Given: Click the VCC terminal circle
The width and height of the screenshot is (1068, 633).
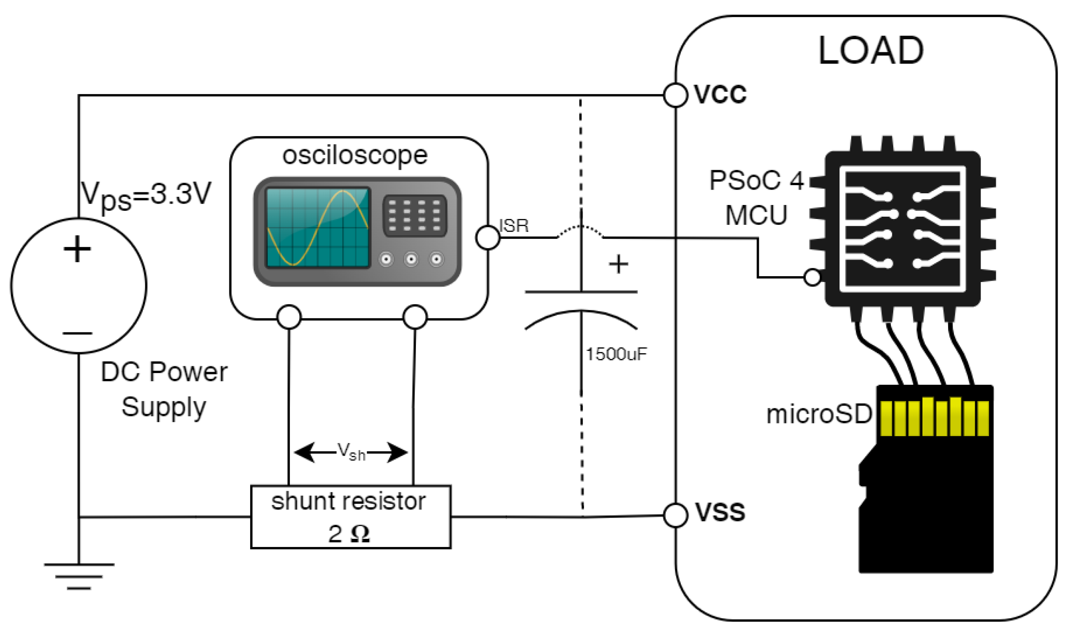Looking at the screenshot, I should click(675, 95).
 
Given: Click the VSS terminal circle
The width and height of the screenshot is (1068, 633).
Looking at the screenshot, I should click(675, 515).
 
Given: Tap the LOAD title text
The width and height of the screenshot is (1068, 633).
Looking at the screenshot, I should click(871, 50).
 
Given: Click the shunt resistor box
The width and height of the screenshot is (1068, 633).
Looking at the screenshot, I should click(350, 517).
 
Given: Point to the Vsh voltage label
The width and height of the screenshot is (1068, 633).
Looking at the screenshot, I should click(351, 451).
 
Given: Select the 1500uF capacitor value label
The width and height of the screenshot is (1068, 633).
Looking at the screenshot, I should click(616, 354).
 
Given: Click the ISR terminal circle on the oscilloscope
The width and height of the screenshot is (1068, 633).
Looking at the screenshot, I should click(488, 237).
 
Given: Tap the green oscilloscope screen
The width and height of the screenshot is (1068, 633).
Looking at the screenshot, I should click(318, 228).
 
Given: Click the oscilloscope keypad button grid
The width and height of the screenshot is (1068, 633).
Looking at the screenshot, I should click(414, 215).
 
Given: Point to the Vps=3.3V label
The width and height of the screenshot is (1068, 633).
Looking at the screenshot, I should click(146, 195).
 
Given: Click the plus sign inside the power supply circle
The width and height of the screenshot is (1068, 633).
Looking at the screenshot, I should click(77, 249).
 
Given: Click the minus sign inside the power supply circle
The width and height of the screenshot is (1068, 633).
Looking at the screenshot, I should click(78, 333).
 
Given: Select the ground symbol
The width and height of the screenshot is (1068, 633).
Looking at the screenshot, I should click(79, 576).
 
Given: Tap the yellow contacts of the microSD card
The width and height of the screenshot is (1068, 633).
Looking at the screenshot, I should click(934, 417).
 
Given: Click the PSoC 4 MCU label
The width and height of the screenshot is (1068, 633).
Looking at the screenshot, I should click(756, 198).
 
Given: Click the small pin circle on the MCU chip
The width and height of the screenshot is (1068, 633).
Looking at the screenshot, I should click(812, 277).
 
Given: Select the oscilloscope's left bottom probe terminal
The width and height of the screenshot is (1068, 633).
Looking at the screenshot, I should click(289, 317).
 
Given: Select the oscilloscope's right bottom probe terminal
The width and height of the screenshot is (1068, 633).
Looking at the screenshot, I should click(415, 317).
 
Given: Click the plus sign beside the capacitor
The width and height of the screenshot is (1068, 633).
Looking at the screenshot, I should click(618, 264).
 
